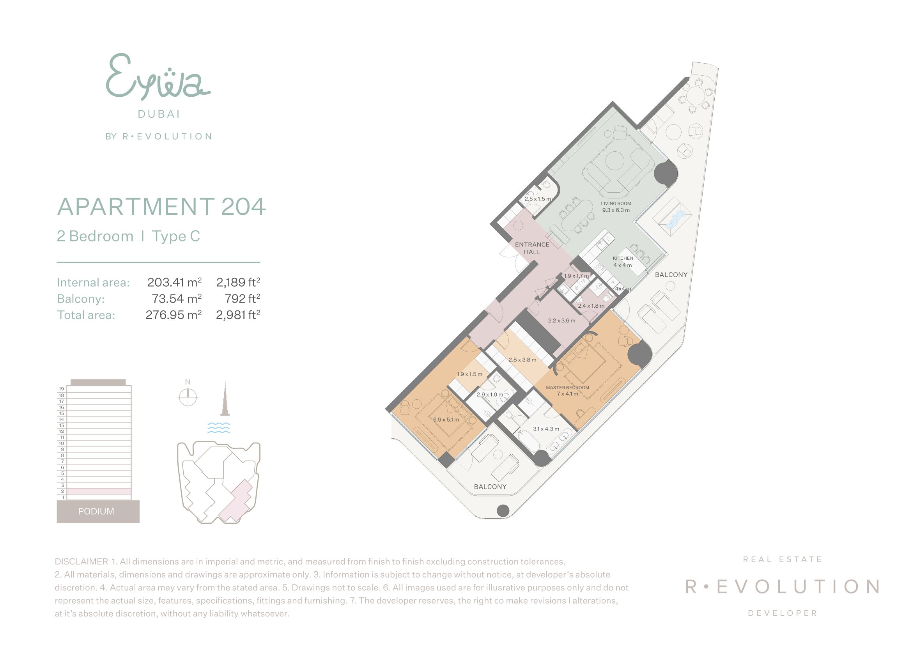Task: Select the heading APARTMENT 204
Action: click(x=161, y=207)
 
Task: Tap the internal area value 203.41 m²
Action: click(x=174, y=282)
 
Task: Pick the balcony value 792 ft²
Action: click(x=242, y=298)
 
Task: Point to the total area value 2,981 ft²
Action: click(x=238, y=315)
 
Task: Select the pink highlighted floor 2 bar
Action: click(x=99, y=491)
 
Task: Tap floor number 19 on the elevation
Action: click(x=62, y=389)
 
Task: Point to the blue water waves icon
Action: click(x=219, y=428)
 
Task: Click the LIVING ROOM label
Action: click(x=616, y=203)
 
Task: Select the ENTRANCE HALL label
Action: click(x=532, y=248)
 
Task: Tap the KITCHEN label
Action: click(x=623, y=258)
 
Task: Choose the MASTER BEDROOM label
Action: click(x=568, y=388)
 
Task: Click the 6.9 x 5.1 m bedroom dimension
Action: click(x=446, y=420)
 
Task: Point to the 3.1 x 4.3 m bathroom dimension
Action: click(x=546, y=429)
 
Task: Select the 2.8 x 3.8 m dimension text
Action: click(x=522, y=360)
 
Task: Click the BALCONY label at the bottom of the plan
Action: click(x=490, y=487)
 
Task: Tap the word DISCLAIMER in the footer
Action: click(x=81, y=562)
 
